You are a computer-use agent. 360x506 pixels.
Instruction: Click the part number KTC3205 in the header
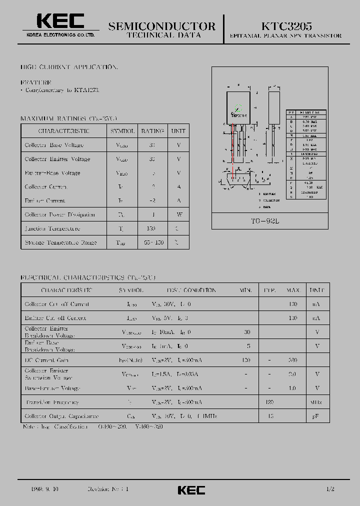[286, 25]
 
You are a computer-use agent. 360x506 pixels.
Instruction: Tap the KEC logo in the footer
[191, 489]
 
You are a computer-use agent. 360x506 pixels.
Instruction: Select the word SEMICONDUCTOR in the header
[162, 26]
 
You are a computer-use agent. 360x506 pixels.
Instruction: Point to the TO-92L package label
[269, 221]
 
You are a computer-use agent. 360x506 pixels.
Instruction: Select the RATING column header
[152, 131]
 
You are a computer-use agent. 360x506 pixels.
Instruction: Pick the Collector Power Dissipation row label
[60, 214]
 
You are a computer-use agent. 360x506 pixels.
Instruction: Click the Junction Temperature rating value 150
[152, 228]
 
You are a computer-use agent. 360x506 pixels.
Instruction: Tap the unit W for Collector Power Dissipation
[178, 214]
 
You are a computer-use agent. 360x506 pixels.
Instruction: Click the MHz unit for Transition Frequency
[316, 402]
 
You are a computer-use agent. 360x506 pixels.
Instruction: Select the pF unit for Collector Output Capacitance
[316, 416]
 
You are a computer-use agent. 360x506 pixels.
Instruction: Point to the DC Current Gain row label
[46, 360]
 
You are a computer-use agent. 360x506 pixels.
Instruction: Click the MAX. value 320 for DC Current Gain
[293, 360]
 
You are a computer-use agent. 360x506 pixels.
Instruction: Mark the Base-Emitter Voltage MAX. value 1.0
[293, 388]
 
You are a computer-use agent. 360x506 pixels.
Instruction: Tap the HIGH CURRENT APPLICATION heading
[69, 66]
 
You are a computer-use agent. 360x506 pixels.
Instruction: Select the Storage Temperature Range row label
[61, 242]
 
